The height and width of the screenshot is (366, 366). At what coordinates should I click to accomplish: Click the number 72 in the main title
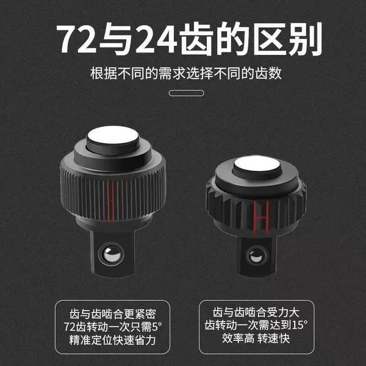pyautogui.click(x=77, y=38)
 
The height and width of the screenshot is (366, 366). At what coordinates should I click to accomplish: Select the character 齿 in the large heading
pyautogui.click(x=196, y=38)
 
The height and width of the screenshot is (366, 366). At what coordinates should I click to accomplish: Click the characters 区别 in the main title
pyautogui.click(x=288, y=38)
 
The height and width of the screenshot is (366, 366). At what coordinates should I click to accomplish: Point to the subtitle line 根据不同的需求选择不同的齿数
pyautogui.click(x=186, y=74)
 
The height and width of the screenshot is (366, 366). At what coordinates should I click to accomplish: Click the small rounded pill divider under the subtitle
pyautogui.click(x=186, y=93)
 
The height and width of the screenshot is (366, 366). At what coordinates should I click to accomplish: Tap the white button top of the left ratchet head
pyautogui.click(x=113, y=135)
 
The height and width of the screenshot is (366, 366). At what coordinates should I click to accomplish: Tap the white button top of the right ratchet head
pyautogui.click(x=257, y=163)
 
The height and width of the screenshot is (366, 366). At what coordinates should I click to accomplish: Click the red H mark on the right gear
pyautogui.click(x=261, y=218)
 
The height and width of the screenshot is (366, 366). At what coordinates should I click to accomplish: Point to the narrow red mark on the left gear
pyautogui.click(x=110, y=200)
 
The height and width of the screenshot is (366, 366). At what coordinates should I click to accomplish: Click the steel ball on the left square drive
pyautogui.click(x=112, y=254)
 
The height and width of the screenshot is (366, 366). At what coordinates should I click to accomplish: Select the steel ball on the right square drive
pyautogui.click(x=255, y=256)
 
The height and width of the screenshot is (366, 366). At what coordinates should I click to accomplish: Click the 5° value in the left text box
pyautogui.click(x=157, y=326)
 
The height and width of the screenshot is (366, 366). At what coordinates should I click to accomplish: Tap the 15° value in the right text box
pyautogui.click(x=300, y=325)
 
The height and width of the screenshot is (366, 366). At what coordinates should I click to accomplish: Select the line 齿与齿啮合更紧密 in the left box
pyautogui.click(x=112, y=314)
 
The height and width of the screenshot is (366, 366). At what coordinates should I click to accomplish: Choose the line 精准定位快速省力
pyautogui.click(x=112, y=340)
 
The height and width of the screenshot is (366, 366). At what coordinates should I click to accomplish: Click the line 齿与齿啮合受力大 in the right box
pyautogui.click(x=256, y=312)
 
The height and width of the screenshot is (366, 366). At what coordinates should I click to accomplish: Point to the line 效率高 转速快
pyautogui.click(x=256, y=338)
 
